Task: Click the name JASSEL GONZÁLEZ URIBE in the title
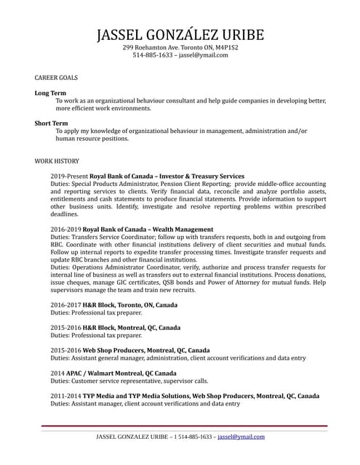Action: (x=180, y=34)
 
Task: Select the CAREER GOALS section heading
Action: (x=56, y=76)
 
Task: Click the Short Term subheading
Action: (x=52, y=124)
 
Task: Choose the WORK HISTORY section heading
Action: (x=57, y=161)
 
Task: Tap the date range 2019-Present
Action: (x=68, y=177)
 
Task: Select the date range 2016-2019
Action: (x=65, y=230)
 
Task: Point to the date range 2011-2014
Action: (x=65, y=396)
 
